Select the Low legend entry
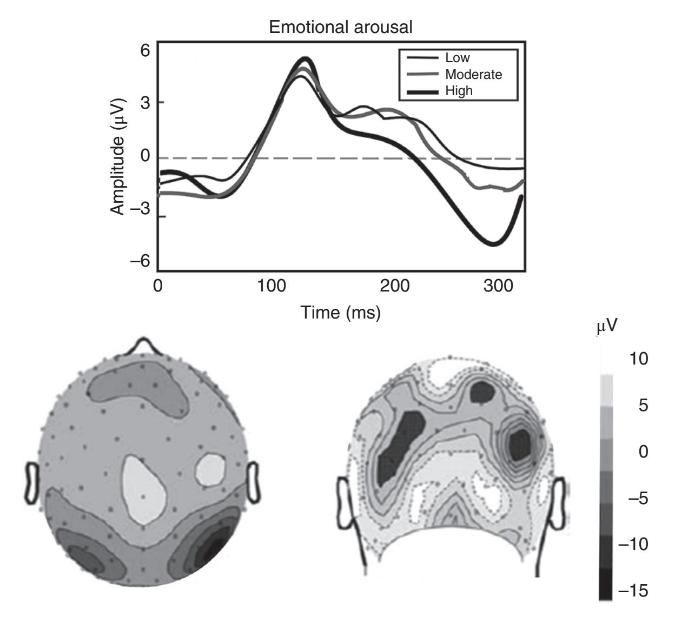click(457, 58)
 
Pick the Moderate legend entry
click(473, 74)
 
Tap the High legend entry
click(459, 90)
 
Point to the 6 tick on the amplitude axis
click(144, 50)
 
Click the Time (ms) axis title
click(341, 312)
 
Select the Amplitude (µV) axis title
click(118, 156)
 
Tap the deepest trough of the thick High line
click(493, 244)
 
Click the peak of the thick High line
click(306, 58)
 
